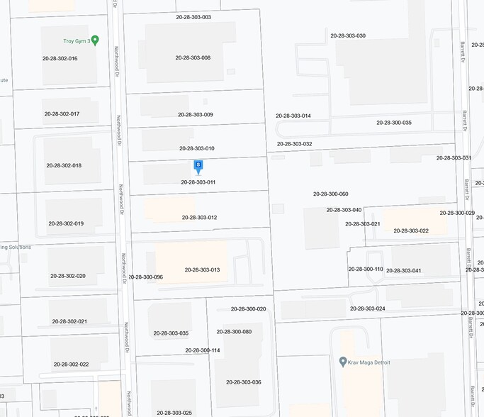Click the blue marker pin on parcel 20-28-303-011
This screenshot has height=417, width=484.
coord(198,166)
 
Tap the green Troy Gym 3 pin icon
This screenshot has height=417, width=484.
coord(95,40)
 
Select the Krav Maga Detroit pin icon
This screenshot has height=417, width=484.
coord(343,362)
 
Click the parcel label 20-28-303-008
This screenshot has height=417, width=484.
coord(193,57)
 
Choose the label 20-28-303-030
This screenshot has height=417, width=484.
coord(348,35)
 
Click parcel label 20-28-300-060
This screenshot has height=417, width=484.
coord(331,194)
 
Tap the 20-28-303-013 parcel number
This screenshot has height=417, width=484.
coord(202,269)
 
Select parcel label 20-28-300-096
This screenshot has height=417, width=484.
coord(145,277)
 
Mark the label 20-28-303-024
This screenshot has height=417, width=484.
coord(368,308)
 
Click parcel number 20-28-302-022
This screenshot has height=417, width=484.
coord(70,365)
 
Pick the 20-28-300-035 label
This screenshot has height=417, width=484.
coord(394,123)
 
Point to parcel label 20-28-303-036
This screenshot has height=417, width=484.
coord(244,382)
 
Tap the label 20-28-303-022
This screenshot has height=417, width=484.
coord(411,230)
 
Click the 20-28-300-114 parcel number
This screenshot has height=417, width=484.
coord(203,350)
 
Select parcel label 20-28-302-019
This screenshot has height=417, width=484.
coord(66,223)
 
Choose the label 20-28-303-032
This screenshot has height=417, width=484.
coord(294,144)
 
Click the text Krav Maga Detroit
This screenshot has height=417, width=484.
coord(370,362)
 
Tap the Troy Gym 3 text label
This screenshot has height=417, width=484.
coord(74,40)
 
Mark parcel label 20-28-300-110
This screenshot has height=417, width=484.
coord(366,269)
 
